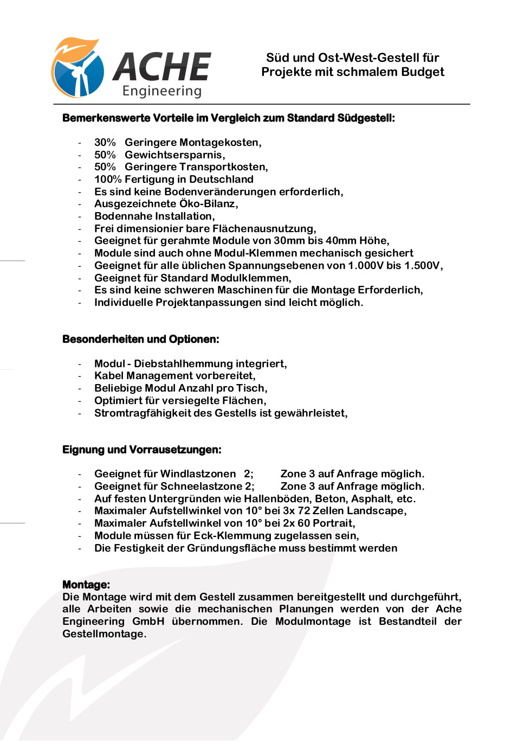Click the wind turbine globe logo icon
point(77,68)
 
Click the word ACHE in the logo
point(162,67)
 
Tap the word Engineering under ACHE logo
point(162,91)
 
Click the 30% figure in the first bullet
point(105,143)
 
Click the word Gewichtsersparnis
point(173,155)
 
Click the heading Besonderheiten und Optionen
point(141,340)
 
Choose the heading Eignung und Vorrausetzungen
point(142,450)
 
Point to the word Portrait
point(333,523)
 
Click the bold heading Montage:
point(86,585)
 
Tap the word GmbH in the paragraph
point(148,622)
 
